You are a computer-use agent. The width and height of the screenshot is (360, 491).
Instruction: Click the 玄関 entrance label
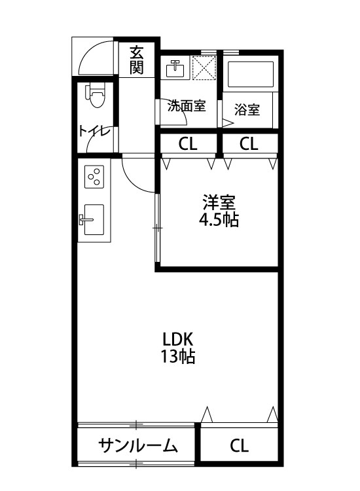coord(136,60)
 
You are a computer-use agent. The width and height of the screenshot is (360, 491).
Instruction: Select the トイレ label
coord(94,130)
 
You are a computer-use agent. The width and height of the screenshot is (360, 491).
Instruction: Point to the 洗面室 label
coord(187,105)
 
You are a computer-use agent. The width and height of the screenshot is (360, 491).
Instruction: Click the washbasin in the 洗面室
coord(175,68)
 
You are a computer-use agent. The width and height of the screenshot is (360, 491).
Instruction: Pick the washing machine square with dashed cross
coord(205,67)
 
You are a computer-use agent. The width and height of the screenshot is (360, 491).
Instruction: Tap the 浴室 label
coord(247,110)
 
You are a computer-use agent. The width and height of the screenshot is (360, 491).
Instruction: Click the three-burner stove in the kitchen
coord(94,175)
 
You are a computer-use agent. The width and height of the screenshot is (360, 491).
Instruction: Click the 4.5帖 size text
coord(219,220)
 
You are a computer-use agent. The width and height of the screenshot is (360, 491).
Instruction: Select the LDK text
coord(177,340)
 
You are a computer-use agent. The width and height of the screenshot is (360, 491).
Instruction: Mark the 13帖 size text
coord(177,357)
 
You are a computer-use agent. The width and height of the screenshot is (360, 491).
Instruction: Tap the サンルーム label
coord(138,446)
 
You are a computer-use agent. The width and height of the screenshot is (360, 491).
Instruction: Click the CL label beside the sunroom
coord(239,446)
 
